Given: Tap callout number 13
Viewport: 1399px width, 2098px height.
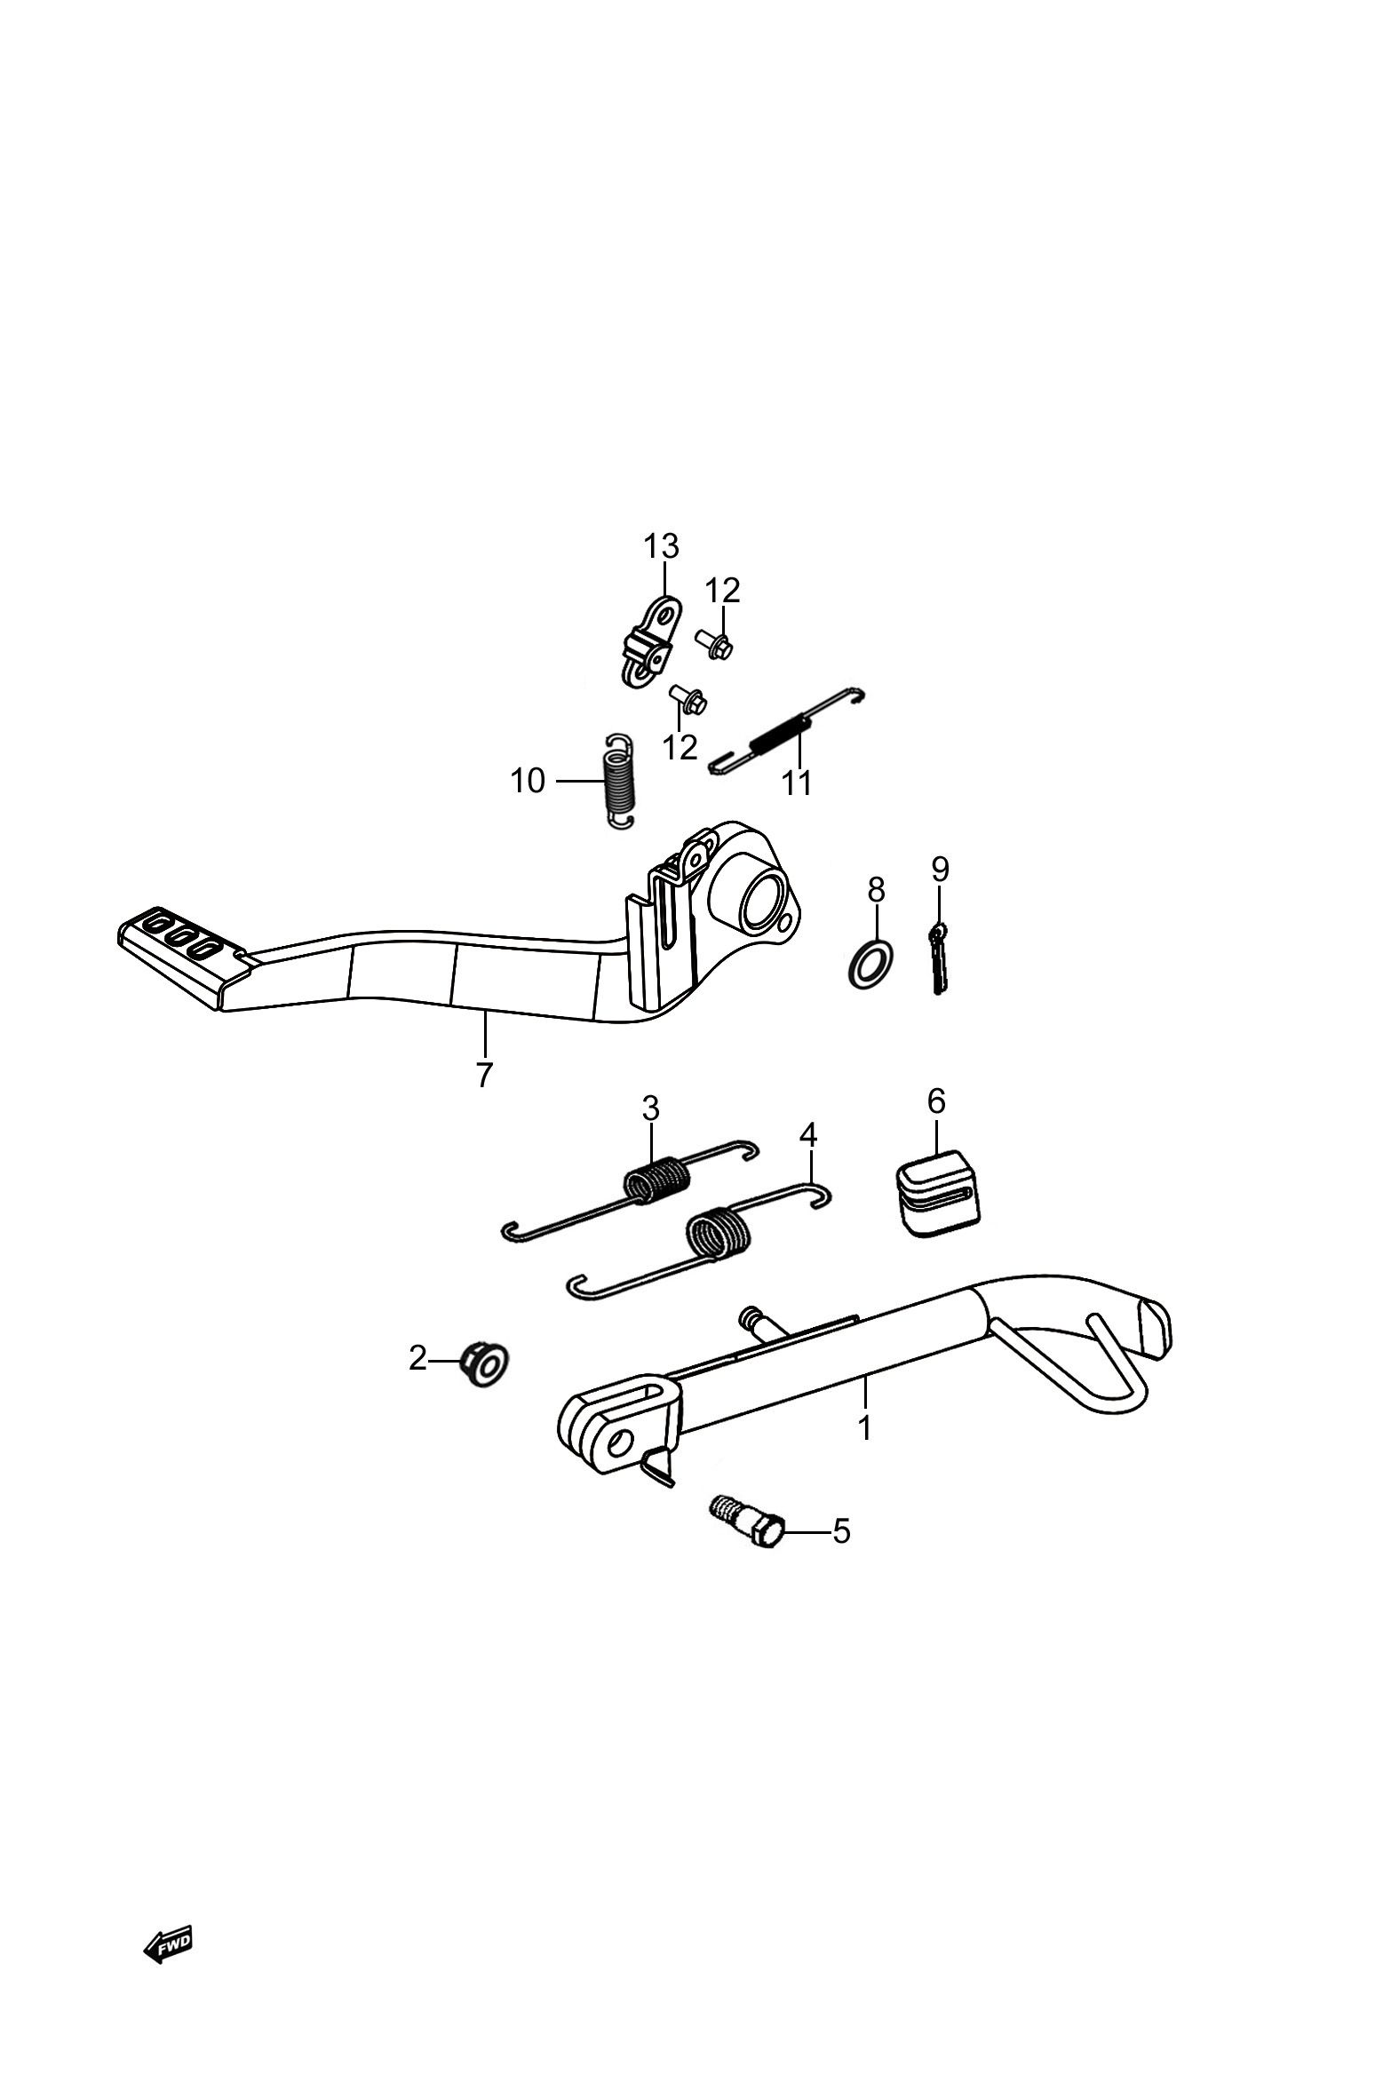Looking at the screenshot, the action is pyautogui.click(x=661, y=545).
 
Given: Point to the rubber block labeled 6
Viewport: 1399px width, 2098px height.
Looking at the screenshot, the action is pyautogui.click(x=937, y=1193).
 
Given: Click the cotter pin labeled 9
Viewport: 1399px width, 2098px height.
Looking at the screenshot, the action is pyautogui.click(x=936, y=957).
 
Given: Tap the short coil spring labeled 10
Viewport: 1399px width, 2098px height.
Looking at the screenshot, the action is pyautogui.click(x=616, y=781).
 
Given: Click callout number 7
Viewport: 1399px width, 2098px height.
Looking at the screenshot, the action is pyautogui.click(x=483, y=1076).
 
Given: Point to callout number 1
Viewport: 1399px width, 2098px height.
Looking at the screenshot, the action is pyautogui.click(x=863, y=1427).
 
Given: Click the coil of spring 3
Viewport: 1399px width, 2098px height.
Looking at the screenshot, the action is pyautogui.click(x=656, y=1180).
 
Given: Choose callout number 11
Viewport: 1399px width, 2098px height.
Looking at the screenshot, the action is pyautogui.click(x=797, y=783).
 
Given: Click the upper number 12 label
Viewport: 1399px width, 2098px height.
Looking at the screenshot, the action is pyautogui.click(x=723, y=591).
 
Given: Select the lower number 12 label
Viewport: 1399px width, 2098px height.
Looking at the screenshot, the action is pyautogui.click(x=680, y=748).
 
